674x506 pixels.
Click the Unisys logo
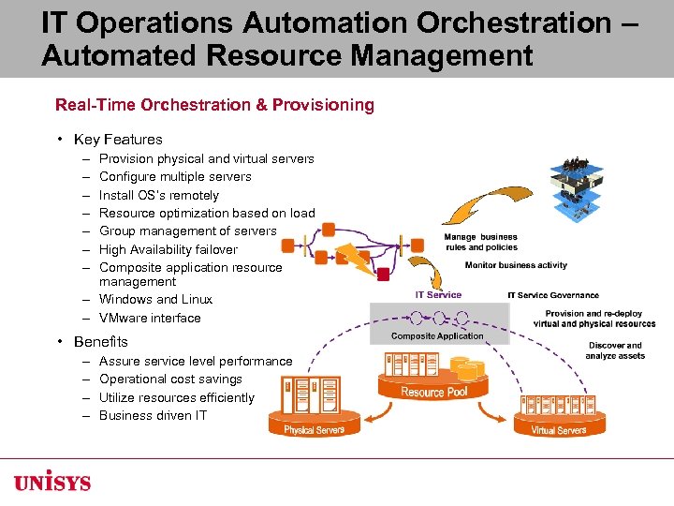[52, 483]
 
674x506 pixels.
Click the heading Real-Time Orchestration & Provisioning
[214, 105]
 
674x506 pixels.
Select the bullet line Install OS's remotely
[158, 195]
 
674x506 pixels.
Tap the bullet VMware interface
[150, 318]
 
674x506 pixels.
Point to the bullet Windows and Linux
[155, 299]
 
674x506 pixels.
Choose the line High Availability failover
[168, 249]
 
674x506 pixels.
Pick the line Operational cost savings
[170, 379]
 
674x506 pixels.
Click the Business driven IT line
[152, 415]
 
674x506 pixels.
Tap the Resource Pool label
[434, 391]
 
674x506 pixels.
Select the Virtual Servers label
[558, 430]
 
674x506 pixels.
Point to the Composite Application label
[437, 335]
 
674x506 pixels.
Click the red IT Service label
[438, 295]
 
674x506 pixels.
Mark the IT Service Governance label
[553, 295]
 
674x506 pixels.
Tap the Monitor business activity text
[516, 265]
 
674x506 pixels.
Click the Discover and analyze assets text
[615, 350]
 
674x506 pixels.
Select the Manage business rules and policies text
[480, 242]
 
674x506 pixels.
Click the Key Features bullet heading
[118, 139]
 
